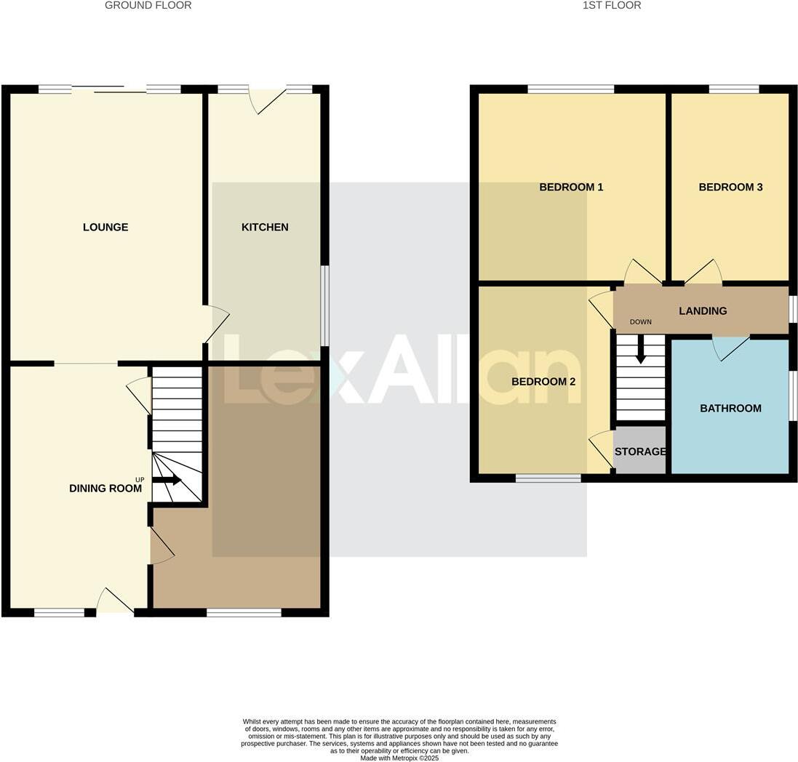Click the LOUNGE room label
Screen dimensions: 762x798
point(105,228)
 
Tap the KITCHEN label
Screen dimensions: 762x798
point(265,228)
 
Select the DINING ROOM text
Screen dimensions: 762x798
point(105,489)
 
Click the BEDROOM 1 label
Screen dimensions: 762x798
point(571,188)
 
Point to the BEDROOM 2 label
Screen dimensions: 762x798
point(543,382)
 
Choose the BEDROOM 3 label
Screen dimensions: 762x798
point(730,188)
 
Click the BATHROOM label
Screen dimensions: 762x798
point(730,409)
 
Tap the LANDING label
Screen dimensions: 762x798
point(703,311)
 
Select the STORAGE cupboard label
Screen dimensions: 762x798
point(640,452)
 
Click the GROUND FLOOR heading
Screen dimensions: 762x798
point(148,6)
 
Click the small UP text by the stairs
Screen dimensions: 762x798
point(139,479)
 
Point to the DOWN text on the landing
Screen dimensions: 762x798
point(641,322)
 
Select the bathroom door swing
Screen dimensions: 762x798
point(730,348)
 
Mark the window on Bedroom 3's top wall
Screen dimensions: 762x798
point(733,89)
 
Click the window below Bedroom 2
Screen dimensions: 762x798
point(548,478)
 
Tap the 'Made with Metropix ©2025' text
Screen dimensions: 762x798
point(399,758)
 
